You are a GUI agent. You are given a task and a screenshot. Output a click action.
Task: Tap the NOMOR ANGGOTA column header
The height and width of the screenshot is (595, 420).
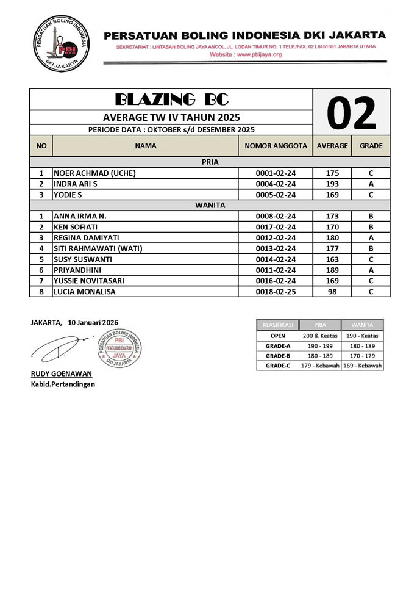coord(275,146)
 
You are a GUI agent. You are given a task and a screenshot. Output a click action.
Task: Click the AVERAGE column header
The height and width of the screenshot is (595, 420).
coord(332,146)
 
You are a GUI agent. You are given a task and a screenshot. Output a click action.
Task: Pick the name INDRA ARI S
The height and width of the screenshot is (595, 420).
coord(76,184)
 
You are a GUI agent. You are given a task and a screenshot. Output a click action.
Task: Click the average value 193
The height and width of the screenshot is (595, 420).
coord(332,184)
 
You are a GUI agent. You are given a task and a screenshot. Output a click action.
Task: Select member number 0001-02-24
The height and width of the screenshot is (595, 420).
coord(275,173)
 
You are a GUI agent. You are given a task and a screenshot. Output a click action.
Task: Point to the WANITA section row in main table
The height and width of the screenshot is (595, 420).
coord(210,206)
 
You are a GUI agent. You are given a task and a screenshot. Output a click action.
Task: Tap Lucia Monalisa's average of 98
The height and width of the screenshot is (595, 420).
coord(332,292)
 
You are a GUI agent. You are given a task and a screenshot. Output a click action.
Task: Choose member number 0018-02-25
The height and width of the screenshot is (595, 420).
coord(275,292)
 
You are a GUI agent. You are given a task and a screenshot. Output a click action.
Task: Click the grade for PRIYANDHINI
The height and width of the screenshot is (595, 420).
coord(371,270)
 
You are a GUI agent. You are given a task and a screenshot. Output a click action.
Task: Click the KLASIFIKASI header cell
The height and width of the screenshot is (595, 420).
coord(277,325)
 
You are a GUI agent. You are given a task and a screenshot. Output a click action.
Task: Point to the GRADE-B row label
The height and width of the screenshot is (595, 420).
coord(277,355)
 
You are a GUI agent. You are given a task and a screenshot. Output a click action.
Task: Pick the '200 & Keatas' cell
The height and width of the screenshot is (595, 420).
coord(321,335)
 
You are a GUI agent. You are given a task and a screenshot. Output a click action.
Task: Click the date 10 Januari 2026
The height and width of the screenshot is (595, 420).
coord(93,322)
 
